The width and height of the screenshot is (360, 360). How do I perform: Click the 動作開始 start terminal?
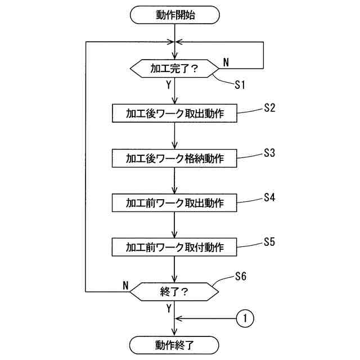(175, 15)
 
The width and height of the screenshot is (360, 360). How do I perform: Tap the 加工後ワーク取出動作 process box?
(175, 113)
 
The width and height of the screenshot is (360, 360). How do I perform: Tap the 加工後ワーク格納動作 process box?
(175, 158)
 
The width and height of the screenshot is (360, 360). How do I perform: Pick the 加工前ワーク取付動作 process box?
(175, 247)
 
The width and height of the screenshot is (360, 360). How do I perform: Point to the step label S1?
(240, 85)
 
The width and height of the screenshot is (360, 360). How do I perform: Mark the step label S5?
(269, 242)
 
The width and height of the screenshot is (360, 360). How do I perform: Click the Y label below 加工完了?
(168, 85)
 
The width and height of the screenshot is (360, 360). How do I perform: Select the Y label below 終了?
(168, 308)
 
